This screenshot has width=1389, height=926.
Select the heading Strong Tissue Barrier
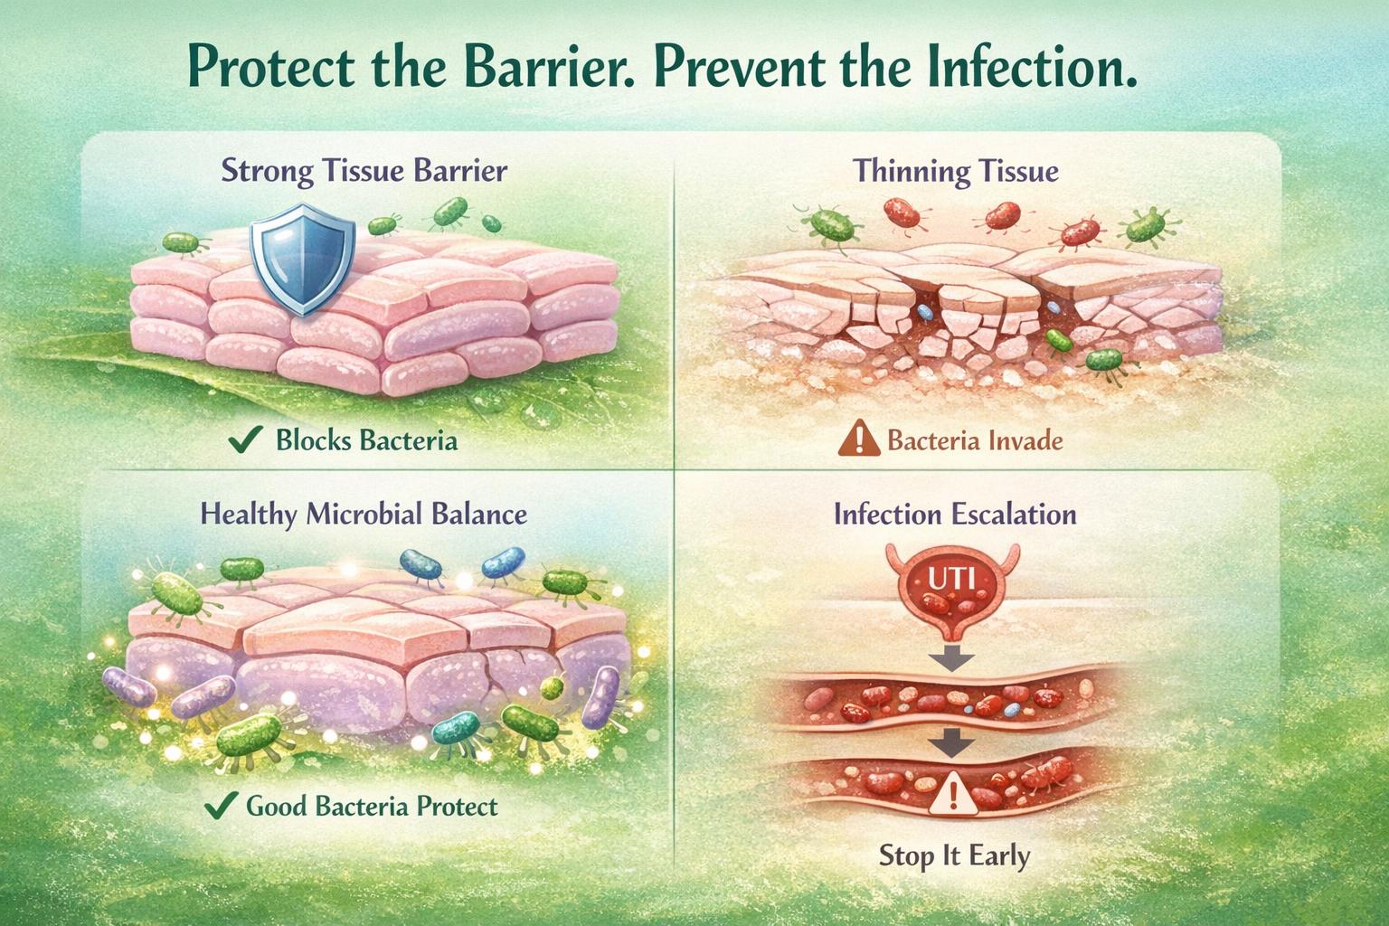pyautogui.click(x=364, y=171)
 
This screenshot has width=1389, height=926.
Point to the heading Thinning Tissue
pyautogui.click(x=956, y=171)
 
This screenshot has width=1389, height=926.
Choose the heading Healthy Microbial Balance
pyautogui.click(x=364, y=515)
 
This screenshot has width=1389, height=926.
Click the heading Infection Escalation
pyautogui.click(x=955, y=515)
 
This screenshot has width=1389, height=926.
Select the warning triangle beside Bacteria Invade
pyautogui.click(x=858, y=440)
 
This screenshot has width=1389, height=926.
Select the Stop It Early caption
pyautogui.click(x=954, y=855)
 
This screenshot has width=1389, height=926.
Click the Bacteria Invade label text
pyautogui.click(x=975, y=441)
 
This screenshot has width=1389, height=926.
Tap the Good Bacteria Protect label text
pyautogui.click(x=372, y=806)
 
